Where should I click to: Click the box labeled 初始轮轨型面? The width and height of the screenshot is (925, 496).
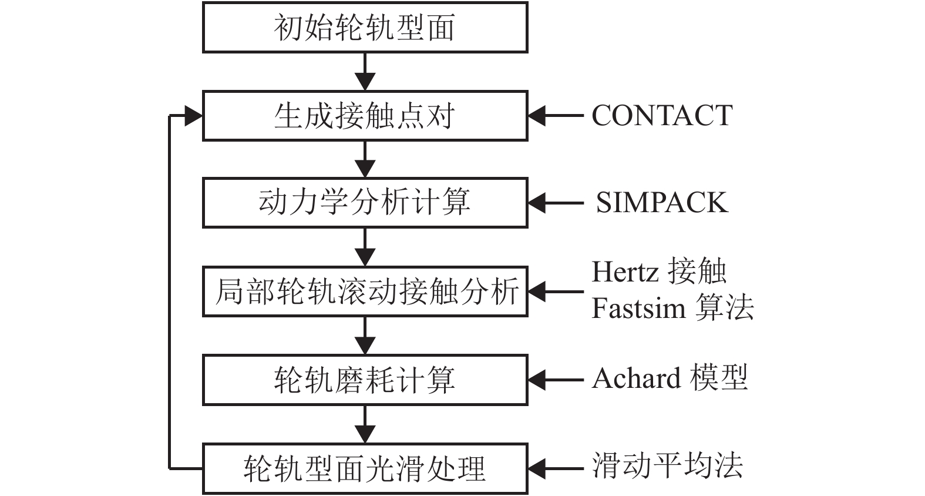click(365, 27)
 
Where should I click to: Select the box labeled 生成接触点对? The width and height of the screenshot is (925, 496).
click(365, 115)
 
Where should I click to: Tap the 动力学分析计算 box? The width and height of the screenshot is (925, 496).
click(365, 203)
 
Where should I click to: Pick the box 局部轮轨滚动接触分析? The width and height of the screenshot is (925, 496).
click(365, 291)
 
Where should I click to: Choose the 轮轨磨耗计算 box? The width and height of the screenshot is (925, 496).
click(365, 380)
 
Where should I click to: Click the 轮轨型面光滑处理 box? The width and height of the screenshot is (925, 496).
click(365, 468)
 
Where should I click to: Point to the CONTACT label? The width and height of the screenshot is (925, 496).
click(662, 115)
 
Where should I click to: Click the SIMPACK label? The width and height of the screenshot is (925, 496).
click(662, 203)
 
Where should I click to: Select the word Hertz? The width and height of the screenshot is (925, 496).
click(625, 272)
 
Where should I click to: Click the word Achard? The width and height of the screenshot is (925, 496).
click(636, 378)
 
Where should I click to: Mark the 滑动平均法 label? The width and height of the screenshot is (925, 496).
click(667, 465)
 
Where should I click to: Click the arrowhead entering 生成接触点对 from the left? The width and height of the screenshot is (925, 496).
click(193, 116)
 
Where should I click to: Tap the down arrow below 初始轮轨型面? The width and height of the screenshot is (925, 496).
click(365, 72)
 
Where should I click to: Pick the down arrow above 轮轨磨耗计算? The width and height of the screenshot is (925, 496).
click(365, 336)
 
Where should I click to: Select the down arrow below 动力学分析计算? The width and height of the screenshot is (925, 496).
click(365, 247)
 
